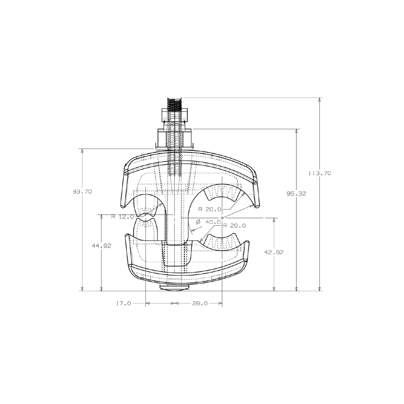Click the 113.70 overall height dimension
click(320, 173)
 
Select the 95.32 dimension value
click(296, 194)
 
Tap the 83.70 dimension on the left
click(82, 192)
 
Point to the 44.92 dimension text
click(102, 246)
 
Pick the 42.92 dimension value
click(274, 252)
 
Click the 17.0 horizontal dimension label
click(124, 304)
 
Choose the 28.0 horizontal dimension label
click(200, 304)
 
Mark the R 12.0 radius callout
click(122, 217)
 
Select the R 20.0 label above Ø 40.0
click(210, 210)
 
